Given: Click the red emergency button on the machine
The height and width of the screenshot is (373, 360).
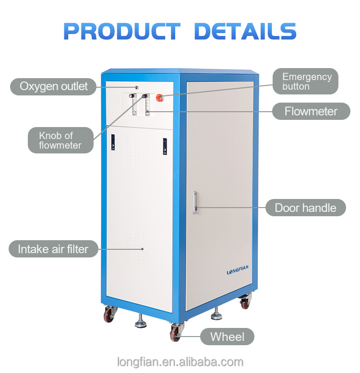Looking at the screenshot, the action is [x=159, y=97].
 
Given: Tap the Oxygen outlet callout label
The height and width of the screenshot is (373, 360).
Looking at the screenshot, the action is [x=53, y=87].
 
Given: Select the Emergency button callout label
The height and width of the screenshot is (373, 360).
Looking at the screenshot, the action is [x=305, y=82].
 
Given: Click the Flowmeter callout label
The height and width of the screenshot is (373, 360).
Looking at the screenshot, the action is [x=311, y=111].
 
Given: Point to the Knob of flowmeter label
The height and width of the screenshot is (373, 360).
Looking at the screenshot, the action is [x=60, y=140].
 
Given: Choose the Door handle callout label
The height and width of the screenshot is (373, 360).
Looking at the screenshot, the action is [x=305, y=208].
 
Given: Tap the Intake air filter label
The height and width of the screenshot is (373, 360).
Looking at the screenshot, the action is [x=53, y=249].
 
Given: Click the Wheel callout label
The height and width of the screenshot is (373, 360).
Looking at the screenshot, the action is [x=227, y=337].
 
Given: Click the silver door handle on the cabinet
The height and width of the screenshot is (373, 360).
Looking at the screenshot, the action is [x=195, y=202].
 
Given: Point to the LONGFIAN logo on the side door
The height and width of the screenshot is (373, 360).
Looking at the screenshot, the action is [x=238, y=270].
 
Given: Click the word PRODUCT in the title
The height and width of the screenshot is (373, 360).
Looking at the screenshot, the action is [x=122, y=31].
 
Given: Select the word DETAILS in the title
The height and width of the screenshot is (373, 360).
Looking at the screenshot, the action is [x=245, y=31].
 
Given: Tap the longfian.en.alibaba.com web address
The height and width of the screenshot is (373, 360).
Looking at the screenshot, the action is [x=180, y=362].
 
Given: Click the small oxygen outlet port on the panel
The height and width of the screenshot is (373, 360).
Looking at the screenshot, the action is [x=137, y=87].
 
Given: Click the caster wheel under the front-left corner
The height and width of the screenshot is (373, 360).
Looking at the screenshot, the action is [x=109, y=314].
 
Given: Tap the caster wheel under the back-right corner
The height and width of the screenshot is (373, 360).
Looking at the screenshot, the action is [x=245, y=301].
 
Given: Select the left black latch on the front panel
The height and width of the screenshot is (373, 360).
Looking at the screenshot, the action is [x=113, y=142].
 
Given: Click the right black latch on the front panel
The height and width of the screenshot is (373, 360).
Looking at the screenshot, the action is [x=165, y=146].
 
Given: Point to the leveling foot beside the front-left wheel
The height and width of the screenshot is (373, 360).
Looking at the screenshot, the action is [x=141, y=322].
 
